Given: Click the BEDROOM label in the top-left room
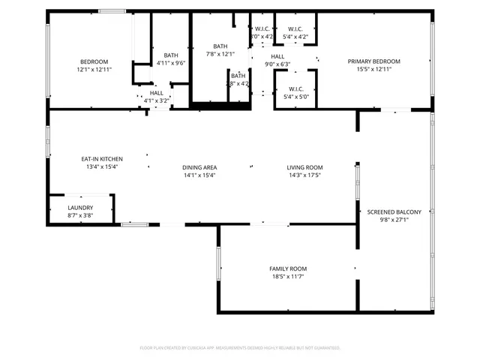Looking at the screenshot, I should (x=94, y=61).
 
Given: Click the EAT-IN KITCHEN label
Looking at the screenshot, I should (x=102, y=159).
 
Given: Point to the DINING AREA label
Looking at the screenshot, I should (x=199, y=167).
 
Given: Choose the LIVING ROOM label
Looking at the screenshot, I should (x=304, y=167).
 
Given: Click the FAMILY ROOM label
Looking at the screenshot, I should (x=288, y=268).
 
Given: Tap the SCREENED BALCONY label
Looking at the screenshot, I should (x=394, y=212).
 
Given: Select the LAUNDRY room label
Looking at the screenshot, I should (x=80, y=208).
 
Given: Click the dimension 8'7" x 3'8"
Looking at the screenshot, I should (x=80, y=215).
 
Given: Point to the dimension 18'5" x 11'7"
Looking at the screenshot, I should (x=288, y=276).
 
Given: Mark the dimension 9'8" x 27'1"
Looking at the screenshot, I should (x=394, y=220).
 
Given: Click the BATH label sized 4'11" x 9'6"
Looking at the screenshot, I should (x=171, y=55).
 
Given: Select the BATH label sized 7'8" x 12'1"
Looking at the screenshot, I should (x=220, y=46).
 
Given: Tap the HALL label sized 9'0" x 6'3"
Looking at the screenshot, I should (x=277, y=56).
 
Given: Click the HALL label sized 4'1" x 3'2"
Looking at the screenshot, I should (x=156, y=93).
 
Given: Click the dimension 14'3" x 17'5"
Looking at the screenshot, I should (x=304, y=175).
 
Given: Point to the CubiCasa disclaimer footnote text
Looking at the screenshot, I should (x=240, y=348).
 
